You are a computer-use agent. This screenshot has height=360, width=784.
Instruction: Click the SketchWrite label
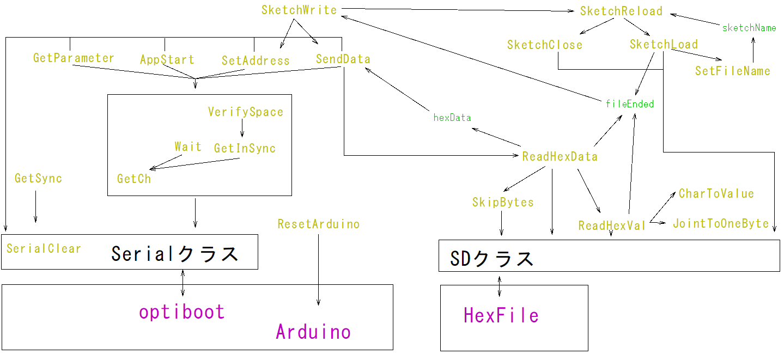299,10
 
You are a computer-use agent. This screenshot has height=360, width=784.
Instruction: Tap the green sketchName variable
749,28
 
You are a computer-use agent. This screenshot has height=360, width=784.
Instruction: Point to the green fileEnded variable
629,103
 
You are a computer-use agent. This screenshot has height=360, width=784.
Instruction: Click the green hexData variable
452,117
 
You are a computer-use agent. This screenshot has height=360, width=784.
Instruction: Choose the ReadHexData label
560,157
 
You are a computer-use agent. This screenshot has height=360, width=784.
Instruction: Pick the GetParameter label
74,58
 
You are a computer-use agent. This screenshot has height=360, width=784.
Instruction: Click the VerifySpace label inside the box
246,112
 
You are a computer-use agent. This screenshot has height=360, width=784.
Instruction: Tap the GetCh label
134,179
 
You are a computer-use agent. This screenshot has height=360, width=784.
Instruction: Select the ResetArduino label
318,224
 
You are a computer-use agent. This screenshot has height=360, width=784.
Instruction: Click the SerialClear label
44,249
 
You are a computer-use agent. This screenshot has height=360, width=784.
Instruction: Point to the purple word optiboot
181,312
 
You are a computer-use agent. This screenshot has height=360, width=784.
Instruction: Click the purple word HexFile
501,315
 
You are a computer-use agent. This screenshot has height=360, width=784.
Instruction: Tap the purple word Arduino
313,332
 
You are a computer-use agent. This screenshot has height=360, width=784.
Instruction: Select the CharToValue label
716,194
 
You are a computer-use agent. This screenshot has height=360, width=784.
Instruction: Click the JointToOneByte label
720,223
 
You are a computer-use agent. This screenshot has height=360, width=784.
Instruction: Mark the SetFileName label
732,71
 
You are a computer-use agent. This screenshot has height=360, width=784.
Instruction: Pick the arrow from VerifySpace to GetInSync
242,129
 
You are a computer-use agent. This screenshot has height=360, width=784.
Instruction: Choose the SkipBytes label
502,203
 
